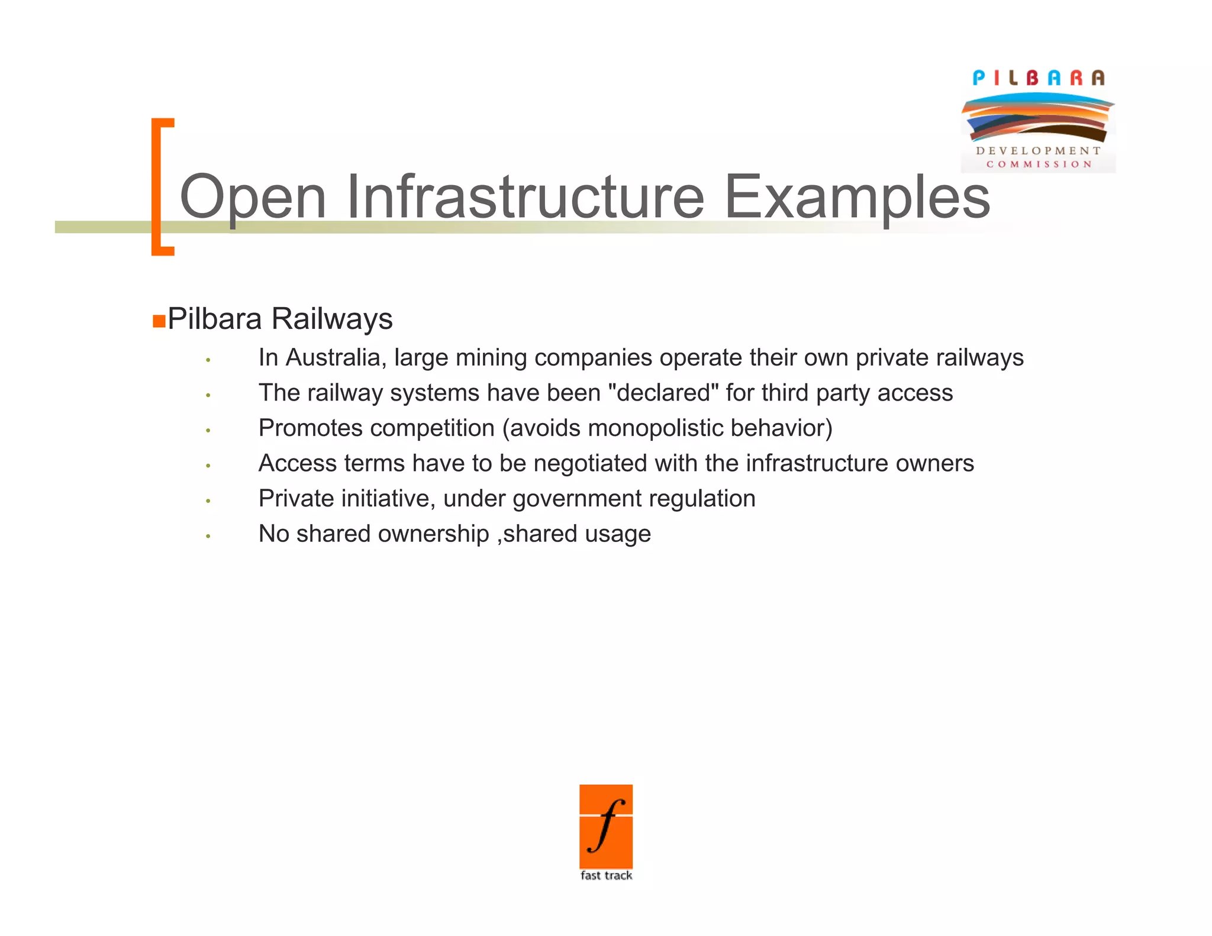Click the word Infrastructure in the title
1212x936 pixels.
point(525,196)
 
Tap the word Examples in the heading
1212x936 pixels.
point(857,196)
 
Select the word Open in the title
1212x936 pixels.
point(253,196)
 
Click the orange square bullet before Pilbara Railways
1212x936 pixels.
point(159,321)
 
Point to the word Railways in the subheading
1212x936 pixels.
point(332,319)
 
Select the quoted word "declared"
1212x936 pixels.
point(663,393)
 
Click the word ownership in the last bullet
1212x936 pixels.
point(434,534)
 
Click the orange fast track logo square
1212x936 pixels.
point(606,826)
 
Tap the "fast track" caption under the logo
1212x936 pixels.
point(606,876)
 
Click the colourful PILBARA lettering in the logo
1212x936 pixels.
point(1039,78)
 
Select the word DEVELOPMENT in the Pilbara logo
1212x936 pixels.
point(1039,151)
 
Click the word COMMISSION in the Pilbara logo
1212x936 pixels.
point(1039,164)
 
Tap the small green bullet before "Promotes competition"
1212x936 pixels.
point(208,431)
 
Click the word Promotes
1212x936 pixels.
point(310,428)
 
